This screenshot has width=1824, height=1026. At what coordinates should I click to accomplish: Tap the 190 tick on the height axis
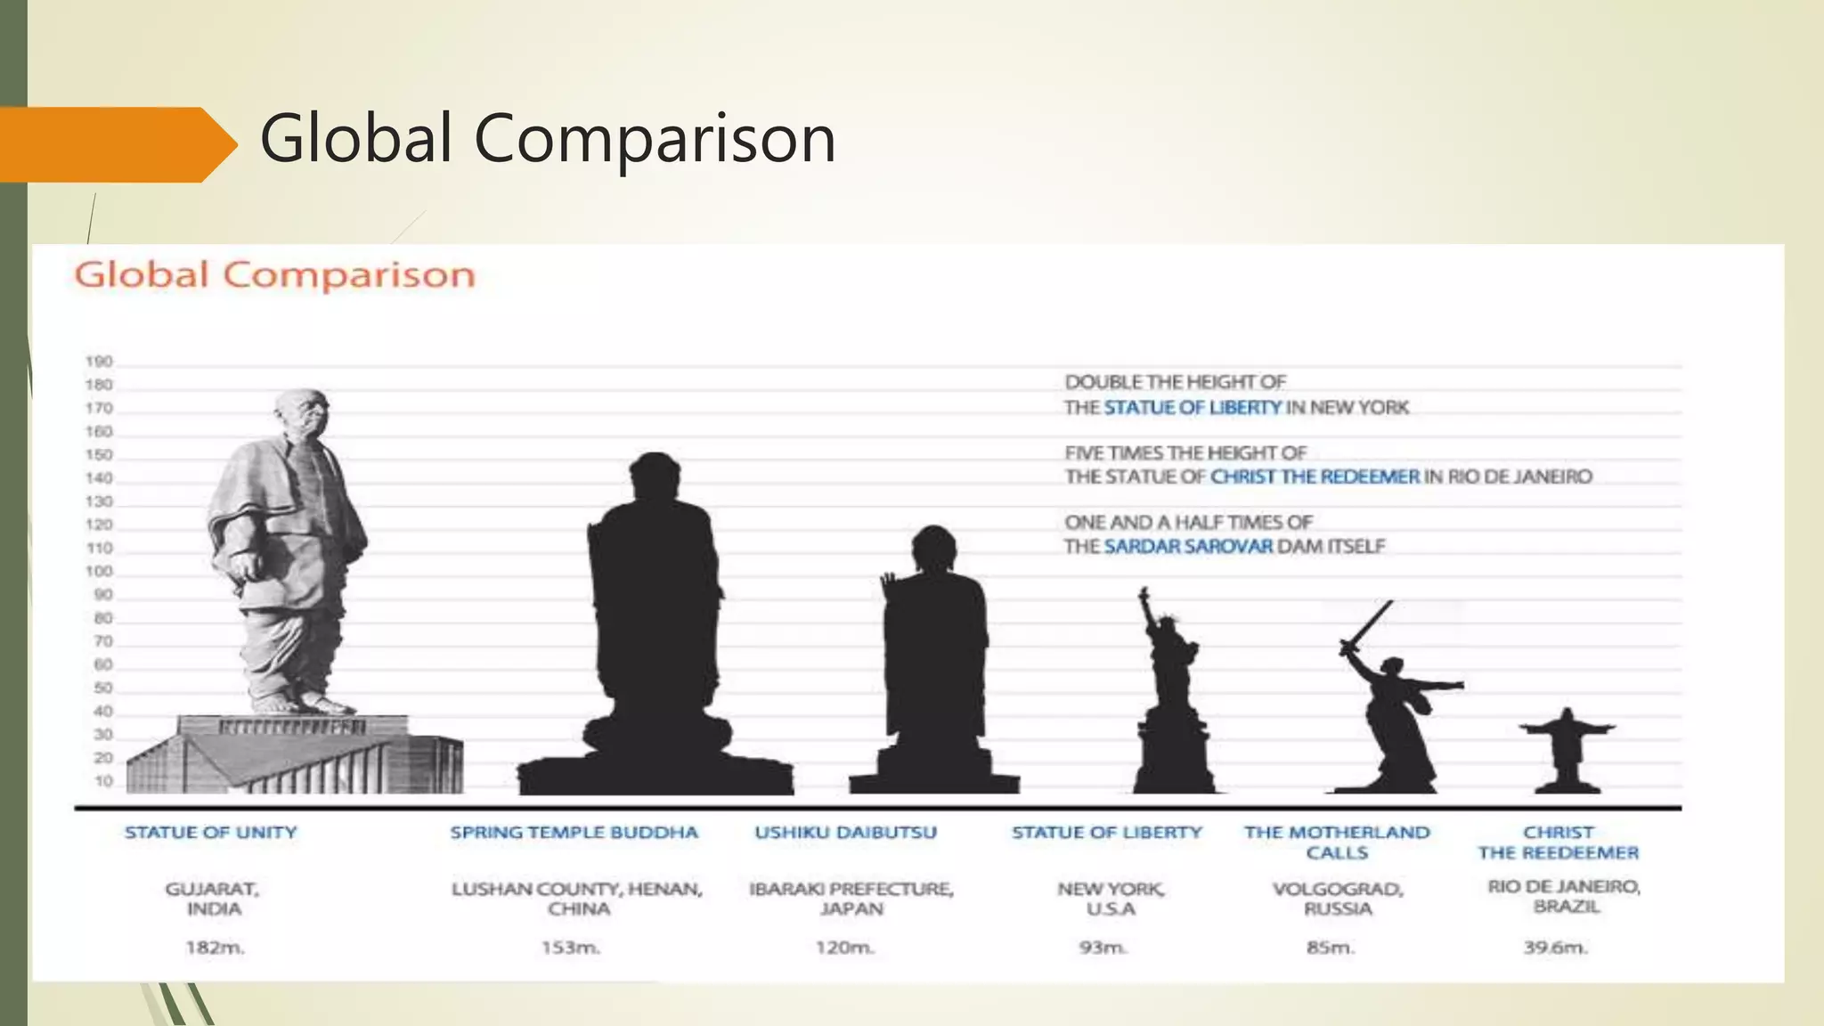[x=99, y=362]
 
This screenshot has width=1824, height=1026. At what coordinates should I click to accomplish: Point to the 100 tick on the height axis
[x=99, y=571]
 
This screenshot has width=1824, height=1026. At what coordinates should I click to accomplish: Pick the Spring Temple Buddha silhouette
[x=655, y=623]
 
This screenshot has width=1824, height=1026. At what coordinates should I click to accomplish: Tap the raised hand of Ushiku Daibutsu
[x=889, y=586]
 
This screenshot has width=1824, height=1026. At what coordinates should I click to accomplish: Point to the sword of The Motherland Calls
[x=1367, y=627]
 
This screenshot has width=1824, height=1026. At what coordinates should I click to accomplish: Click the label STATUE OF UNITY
[x=211, y=833]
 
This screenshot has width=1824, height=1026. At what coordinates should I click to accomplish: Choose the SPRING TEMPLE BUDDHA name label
[x=574, y=833]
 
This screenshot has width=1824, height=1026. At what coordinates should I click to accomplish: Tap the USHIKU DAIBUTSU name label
[x=845, y=833]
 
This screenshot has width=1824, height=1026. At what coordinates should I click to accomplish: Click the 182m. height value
[x=215, y=948]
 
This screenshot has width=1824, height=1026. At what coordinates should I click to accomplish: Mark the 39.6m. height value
[x=1555, y=948]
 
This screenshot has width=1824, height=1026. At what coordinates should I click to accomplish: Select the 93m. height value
[x=1103, y=948]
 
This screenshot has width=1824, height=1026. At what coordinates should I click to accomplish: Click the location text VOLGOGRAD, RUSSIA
[x=1338, y=899]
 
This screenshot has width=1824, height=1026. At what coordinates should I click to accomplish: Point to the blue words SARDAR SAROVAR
[x=1188, y=546]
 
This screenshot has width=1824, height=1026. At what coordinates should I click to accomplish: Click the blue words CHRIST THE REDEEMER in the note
[x=1315, y=476]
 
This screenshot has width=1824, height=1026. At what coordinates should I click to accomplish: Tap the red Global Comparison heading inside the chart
[x=274, y=275]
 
